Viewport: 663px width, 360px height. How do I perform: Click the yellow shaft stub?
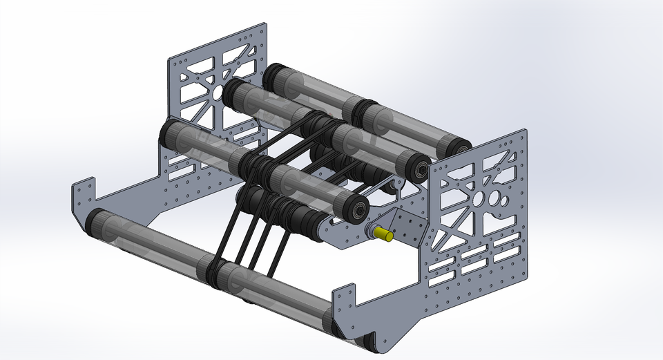click(385, 235)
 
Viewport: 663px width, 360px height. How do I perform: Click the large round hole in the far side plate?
click(218, 92)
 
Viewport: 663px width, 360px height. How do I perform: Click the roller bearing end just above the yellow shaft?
click(358, 210)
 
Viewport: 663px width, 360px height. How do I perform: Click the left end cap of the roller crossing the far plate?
click(168, 131)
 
